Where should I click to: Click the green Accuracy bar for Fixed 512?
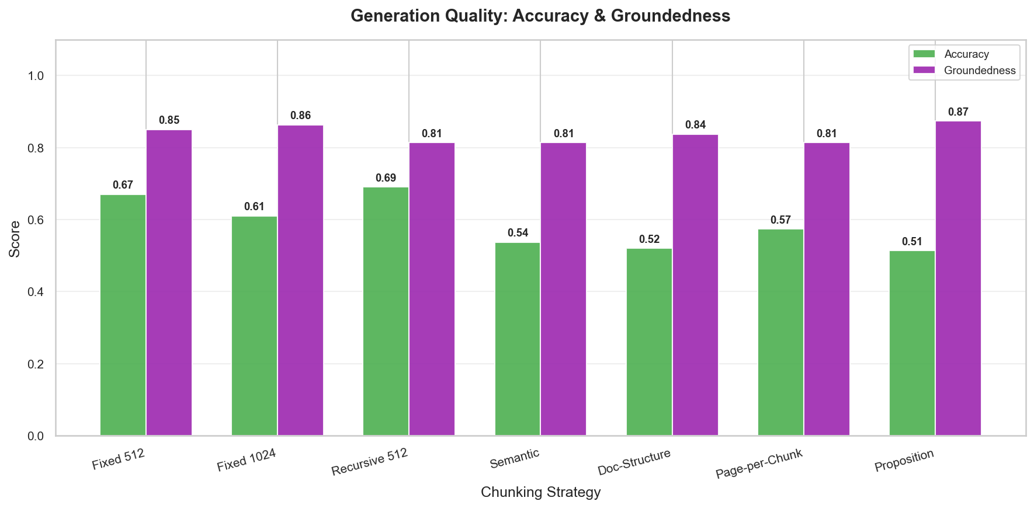pos(123,315)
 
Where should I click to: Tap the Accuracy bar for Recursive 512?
pos(386,311)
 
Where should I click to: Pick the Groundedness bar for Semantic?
pos(563,289)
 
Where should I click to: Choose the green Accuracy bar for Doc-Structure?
pos(649,342)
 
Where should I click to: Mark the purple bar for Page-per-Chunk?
pos(827,289)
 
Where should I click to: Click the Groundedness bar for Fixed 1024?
pos(300,280)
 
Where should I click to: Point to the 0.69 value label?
pos(386,178)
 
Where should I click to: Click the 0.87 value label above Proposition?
pos(958,112)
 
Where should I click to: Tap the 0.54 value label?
pos(518,233)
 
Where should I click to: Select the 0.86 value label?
pos(300,116)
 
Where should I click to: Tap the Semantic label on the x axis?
pos(515,458)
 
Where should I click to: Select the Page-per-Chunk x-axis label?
pos(759,464)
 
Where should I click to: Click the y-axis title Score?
pos(15,238)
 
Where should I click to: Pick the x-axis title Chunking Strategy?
pos(540,492)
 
